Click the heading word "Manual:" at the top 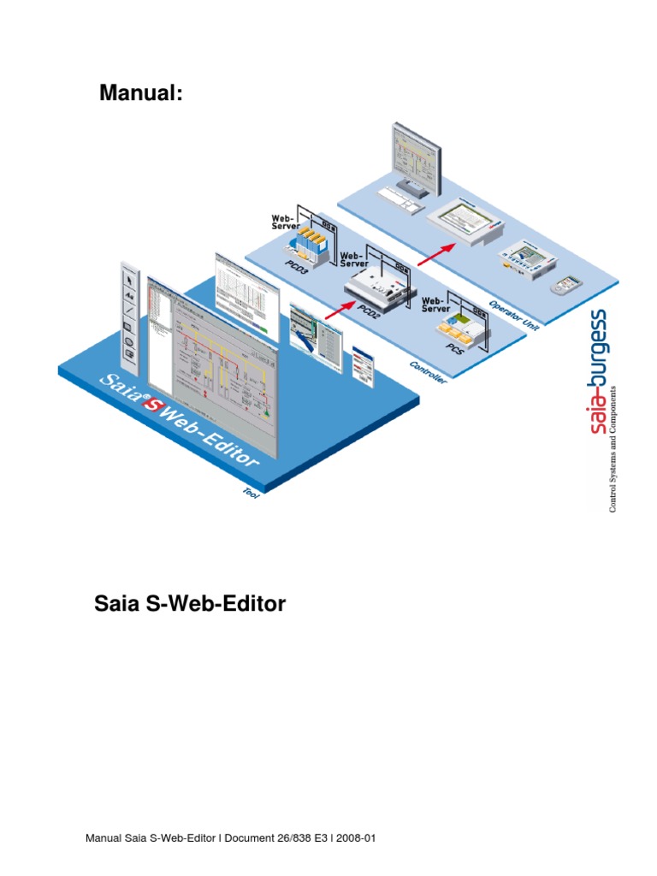pyautogui.click(x=141, y=92)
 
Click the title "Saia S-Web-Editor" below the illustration pyautogui.click(x=190, y=605)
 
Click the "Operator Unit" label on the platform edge pyautogui.click(x=512, y=313)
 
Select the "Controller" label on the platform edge pyautogui.click(x=429, y=374)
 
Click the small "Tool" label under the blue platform pyautogui.click(x=251, y=494)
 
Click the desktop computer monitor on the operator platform pyautogui.click(x=416, y=154)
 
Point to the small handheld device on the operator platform pyautogui.click(x=565, y=285)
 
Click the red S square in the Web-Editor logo pyautogui.click(x=152, y=405)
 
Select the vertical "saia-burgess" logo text pyautogui.click(x=600, y=372)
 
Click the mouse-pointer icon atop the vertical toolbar pyautogui.click(x=128, y=276)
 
